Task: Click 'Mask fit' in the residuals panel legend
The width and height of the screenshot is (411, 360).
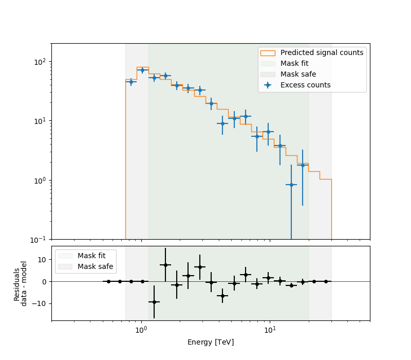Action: pos(91,256)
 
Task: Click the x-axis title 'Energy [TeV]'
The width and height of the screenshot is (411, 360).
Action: pos(211,342)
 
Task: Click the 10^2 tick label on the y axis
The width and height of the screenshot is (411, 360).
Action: pos(41,62)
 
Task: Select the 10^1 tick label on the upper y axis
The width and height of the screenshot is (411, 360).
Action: pos(41,121)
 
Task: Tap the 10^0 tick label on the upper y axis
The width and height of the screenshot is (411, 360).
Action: pos(41,181)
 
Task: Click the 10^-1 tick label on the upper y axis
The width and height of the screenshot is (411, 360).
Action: pos(40,240)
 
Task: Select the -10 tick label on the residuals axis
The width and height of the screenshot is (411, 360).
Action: pos(39,303)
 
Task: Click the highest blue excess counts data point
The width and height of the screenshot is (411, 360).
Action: pos(143,70)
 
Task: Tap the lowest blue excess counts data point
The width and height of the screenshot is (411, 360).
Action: pos(291,185)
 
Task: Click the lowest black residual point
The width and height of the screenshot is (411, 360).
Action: pos(154,302)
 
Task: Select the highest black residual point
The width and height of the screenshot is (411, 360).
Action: pos(165,265)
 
